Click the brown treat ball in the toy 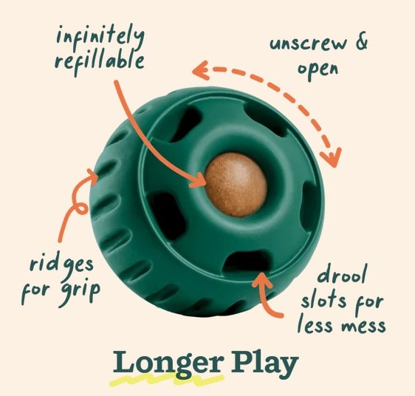tap(236, 185)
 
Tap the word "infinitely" tap(100, 38)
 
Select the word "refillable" tap(100, 62)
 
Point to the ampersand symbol tap(361, 41)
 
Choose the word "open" tap(318, 69)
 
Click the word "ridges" tap(62, 265)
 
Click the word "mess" tap(363, 325)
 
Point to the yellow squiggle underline tap(165, 379)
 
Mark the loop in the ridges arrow tap(81, 208)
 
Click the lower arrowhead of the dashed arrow tap(332, 157)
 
